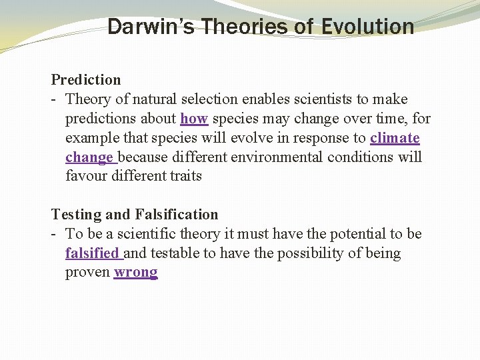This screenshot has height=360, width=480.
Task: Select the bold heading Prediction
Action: tap(86, 80)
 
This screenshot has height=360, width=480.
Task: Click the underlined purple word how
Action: tap(194, 119)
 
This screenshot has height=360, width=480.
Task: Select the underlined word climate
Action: tap(395, 138)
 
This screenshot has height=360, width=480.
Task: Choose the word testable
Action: tap(175, 253)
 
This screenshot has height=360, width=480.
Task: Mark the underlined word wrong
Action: tap(135, 273)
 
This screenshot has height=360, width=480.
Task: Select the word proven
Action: tap(87, 273)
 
